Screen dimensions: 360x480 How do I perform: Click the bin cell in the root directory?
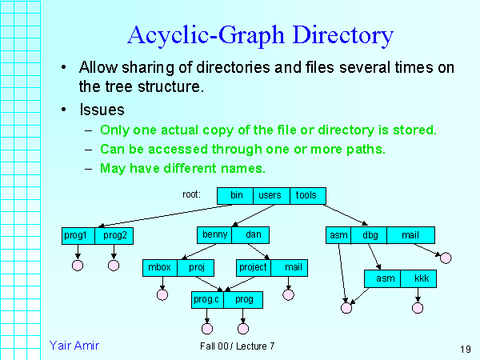tap(236, 195)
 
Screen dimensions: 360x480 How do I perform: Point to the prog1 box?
tap(78, 235)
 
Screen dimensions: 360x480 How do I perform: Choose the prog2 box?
tap(114, 235)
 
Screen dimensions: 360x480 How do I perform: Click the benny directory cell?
tap(214, 235)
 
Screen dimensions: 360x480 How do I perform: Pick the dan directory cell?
tap(253, 235)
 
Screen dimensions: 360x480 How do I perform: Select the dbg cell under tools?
tap(370, 235)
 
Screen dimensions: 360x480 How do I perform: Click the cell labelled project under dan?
tap(254, 267)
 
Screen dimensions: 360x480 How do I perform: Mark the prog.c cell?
tap(207, 299)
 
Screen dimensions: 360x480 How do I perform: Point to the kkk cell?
tap(421, 278)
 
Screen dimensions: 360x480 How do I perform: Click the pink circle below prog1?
tap(78, 265)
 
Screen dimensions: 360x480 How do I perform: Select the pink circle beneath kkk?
tap(418, 306)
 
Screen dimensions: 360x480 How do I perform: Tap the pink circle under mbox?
tap(162, 295)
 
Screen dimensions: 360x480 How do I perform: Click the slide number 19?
tap(465, 348)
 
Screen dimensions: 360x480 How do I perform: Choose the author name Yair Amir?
tap(74, 345)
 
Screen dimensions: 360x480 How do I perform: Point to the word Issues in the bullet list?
tap(102, 109)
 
